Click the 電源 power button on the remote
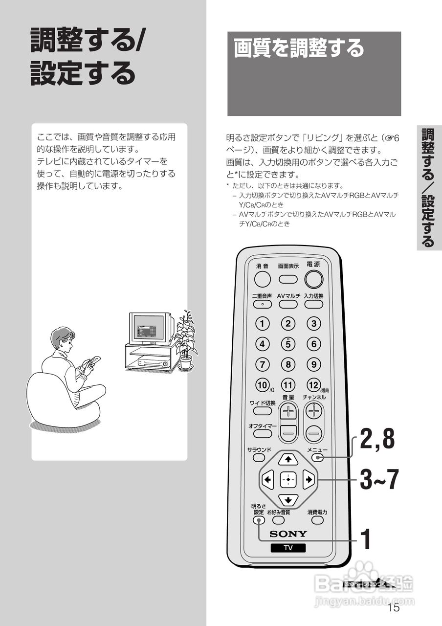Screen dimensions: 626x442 [314, 279]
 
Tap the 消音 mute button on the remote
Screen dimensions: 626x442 [263, 279]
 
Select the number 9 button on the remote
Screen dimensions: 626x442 [314, 364]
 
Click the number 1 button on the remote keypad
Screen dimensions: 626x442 [263, 324]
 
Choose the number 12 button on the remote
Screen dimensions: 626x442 [313, 385]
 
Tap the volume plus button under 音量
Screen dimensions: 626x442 [288, 411]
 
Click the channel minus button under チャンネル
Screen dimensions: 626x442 [314, 432]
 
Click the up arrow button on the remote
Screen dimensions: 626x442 [288, 459]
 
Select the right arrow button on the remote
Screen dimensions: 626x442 [308, 479]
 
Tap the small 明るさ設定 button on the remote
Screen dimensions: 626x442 [259, 520]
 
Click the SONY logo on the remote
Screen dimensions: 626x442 [288, 534]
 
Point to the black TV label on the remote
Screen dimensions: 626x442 [288, 548]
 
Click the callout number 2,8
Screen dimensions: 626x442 [377, 439]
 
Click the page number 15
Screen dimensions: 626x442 [393, 608]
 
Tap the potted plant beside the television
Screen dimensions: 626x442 [185, 340]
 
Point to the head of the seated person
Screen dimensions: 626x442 [62, 339]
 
